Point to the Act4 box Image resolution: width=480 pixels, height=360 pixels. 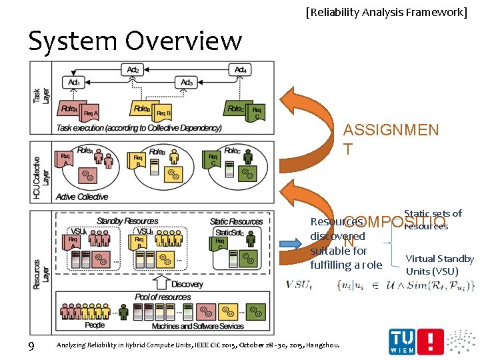coord(241,69)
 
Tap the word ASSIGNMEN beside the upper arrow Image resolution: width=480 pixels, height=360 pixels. coord(391,130)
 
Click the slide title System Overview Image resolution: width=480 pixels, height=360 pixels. coord(135,41)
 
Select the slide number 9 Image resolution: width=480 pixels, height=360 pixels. coord(31,345)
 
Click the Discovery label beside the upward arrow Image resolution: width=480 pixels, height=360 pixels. coord(187,285)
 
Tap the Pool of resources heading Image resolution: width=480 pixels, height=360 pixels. coord(163,297)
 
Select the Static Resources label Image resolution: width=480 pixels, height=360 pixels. coord(236,221)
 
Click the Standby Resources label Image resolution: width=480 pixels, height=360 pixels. coord(127,221)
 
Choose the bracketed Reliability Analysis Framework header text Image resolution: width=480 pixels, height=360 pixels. coord(387,11)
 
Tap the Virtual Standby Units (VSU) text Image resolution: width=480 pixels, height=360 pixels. coord(439,265)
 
